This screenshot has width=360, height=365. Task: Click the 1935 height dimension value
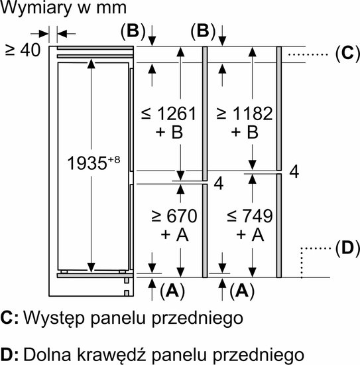point(87,163)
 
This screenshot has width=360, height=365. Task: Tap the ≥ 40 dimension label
point(23,50)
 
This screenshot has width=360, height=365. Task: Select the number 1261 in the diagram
point(177,114)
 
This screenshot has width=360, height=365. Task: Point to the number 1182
point(253,114)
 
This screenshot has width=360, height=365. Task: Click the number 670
point(182,216)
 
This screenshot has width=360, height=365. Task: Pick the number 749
point(257,216)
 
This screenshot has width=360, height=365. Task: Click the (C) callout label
point(347,54)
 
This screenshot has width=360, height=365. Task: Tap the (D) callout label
point(347,249)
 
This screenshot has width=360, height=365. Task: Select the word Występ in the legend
point(54,319)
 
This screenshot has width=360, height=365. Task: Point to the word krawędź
point(111,355)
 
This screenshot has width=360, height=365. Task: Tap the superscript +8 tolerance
point(114,160)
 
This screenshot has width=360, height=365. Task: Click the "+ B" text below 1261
point(169,132)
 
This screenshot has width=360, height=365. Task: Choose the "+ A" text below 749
point(250,234)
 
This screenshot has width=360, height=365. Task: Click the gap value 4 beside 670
point(219,184)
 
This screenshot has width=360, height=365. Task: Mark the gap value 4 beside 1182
point(294,172)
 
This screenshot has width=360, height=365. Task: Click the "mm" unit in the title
point(111,9)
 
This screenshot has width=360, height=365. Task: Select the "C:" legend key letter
point(9,318)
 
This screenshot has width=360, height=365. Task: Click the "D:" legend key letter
point(9,355)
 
